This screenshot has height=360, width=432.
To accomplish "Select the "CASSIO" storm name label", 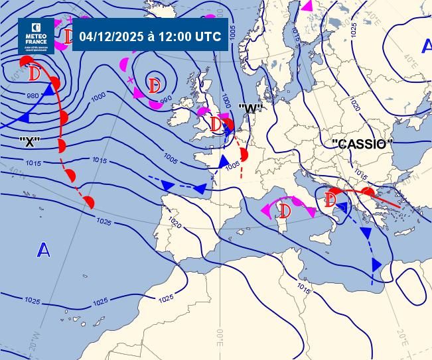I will pos(362,144).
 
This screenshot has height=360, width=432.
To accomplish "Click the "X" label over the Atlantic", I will pos(31,141).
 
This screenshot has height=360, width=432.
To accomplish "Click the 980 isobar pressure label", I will pos(33,95).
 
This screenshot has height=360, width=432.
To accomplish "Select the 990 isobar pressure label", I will pos(166,99).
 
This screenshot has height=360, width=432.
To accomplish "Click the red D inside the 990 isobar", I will pos(155,86).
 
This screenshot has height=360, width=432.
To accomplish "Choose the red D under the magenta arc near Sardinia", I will pos(286,211).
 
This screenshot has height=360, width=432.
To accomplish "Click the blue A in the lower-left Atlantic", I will pos(44,250).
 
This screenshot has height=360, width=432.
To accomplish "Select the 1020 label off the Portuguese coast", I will pos(175,222).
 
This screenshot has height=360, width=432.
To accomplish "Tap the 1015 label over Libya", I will pos(304,288).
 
